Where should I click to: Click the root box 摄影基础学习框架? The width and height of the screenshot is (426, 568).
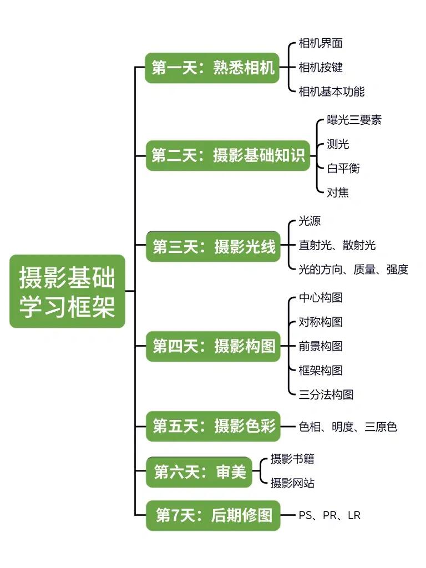(x=67, y=292)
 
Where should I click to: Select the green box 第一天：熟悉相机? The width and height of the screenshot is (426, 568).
(x=212, y=68)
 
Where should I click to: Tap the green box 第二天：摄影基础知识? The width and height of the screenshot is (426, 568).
(x=228, y=155)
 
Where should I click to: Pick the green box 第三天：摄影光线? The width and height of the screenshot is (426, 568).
(x=214, y=246)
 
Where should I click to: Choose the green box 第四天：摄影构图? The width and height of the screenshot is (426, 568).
(x=214, y=346)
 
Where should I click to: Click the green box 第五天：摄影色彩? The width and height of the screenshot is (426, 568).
(x=214, y=426)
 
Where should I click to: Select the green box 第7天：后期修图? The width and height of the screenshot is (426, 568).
(x=214, y=515)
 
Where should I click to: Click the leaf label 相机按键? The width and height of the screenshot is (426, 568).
(x=321, y=67)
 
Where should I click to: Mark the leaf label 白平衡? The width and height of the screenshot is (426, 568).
(x=343, y=168)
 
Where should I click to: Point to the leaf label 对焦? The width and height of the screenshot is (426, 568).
(x=338, y=192)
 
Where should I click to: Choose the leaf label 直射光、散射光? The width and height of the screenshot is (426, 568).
(x=337, y=245)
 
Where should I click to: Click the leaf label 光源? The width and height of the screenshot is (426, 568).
(x=310, y=221)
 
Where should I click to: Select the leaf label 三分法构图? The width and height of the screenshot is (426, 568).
(x=326, y=394)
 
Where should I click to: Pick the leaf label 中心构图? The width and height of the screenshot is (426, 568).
(x=321, y=297)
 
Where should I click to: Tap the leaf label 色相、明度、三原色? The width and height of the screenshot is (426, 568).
(x=348, y=427)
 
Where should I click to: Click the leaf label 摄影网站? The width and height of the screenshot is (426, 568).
(x=292, y=483)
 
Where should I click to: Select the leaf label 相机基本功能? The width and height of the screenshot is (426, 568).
(x=332, y=92)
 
